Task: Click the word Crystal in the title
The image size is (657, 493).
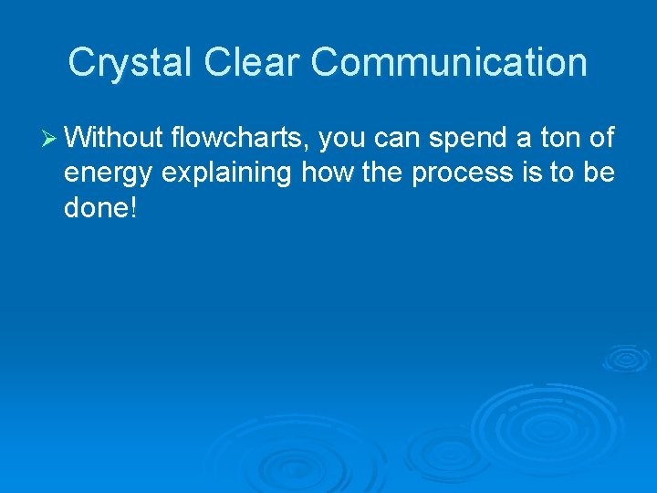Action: pos(130,63)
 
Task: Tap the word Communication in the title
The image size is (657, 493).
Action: pos(449,63)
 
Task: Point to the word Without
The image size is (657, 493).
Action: pos(114,138)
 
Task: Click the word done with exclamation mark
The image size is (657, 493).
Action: pos(100,207)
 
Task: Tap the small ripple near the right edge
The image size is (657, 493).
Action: pos(626,358)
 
